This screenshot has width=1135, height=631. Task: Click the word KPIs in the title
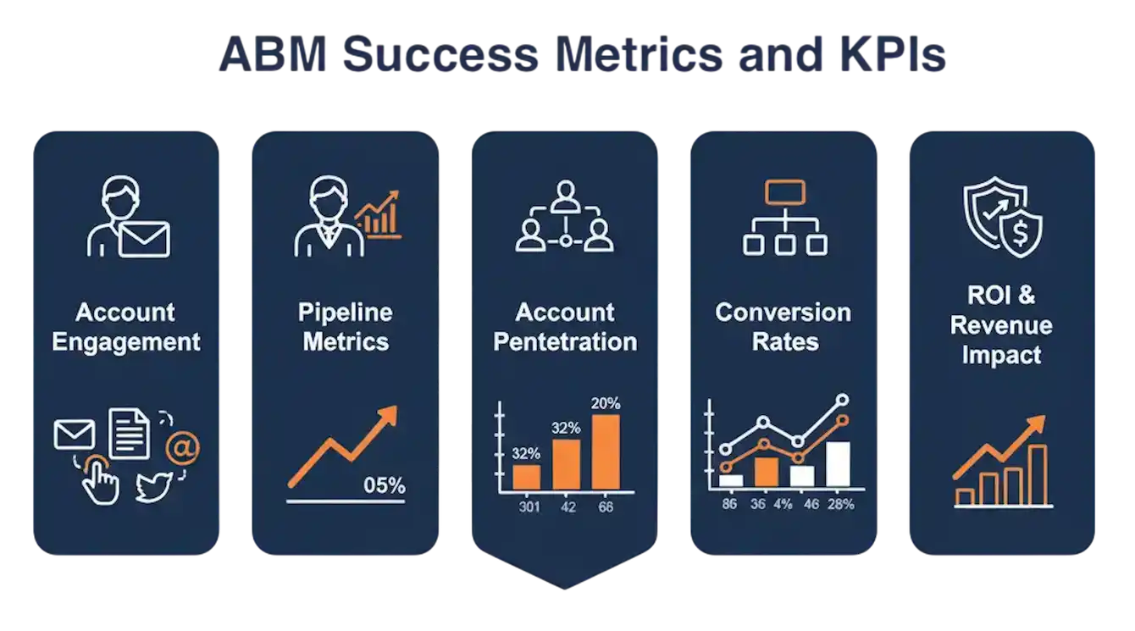pos(894,54)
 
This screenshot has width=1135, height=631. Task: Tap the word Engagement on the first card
pos(125,343)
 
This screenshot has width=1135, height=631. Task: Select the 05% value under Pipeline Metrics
pos(384,485)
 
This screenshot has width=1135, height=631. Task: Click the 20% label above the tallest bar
pos(606,403)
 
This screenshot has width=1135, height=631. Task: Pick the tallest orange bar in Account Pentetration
pos(606,452)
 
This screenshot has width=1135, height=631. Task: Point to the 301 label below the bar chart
pos(529,506)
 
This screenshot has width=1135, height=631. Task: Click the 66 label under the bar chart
pos(606,506)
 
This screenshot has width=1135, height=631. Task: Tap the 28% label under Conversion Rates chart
pos(840,504)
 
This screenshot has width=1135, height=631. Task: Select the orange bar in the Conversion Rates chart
pos(766,473)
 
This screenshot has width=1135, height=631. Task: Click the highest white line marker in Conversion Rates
pos(843,400)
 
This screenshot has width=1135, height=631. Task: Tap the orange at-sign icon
pos(182,448)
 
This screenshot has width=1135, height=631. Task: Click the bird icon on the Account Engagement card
pos(154,486)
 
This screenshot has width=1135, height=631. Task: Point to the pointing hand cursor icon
pos(100,480)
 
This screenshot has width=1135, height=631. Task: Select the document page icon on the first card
pos(130,434)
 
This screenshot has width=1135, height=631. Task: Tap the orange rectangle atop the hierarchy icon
pos(785,192)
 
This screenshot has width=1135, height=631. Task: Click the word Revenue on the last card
pos(1001,325)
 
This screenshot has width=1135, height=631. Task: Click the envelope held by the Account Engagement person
pos(144,239)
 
